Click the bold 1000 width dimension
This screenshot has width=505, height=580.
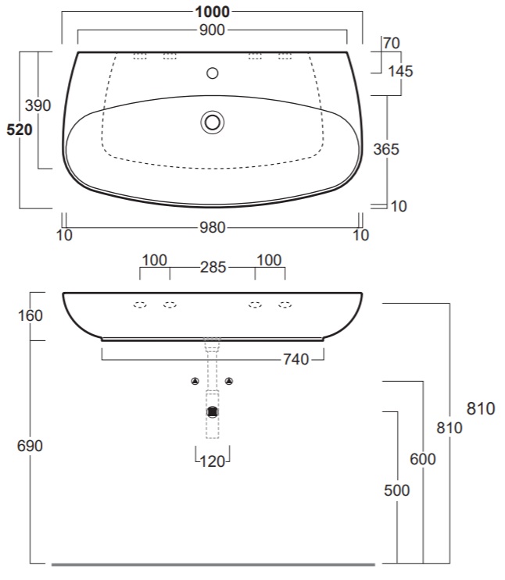pos(213,12)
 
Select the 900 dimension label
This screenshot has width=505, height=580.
pos(212,30)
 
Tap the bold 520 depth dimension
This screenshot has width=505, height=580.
pos(20,130)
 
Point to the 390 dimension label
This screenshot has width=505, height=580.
pos(38,105)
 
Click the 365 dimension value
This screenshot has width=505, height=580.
pos(386,149)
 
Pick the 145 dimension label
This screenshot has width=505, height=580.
pos(400,71)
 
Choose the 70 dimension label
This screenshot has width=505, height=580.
pos(391,43)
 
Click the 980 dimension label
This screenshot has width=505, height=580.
pos(213,227)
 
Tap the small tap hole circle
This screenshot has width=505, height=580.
pos(213,73)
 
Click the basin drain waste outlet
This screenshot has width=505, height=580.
pos(213,123)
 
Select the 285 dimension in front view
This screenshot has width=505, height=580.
pos(213,267)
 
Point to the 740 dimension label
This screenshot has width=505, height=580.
pos(296,359)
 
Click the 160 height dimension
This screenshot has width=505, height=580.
pos(30,315)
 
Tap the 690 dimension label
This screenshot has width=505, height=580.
pos(30,446)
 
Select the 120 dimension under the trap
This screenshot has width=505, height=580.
pos(213,461)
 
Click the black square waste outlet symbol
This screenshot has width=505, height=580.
pos(213,411)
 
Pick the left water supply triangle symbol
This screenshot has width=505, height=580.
pos(195,381)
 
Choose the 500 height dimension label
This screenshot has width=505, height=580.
pos(397,490)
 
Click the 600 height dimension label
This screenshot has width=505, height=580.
pos(423,459)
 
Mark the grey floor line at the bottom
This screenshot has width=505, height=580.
pos(213,565)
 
